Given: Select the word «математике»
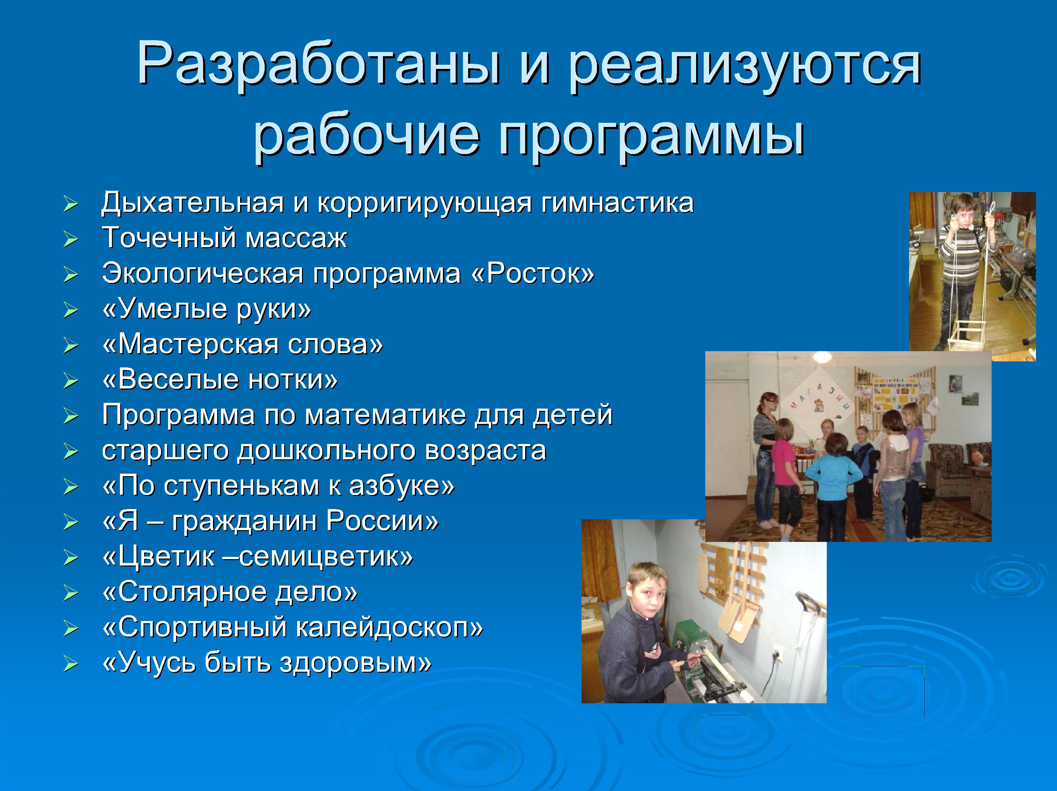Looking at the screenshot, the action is point(385,415).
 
